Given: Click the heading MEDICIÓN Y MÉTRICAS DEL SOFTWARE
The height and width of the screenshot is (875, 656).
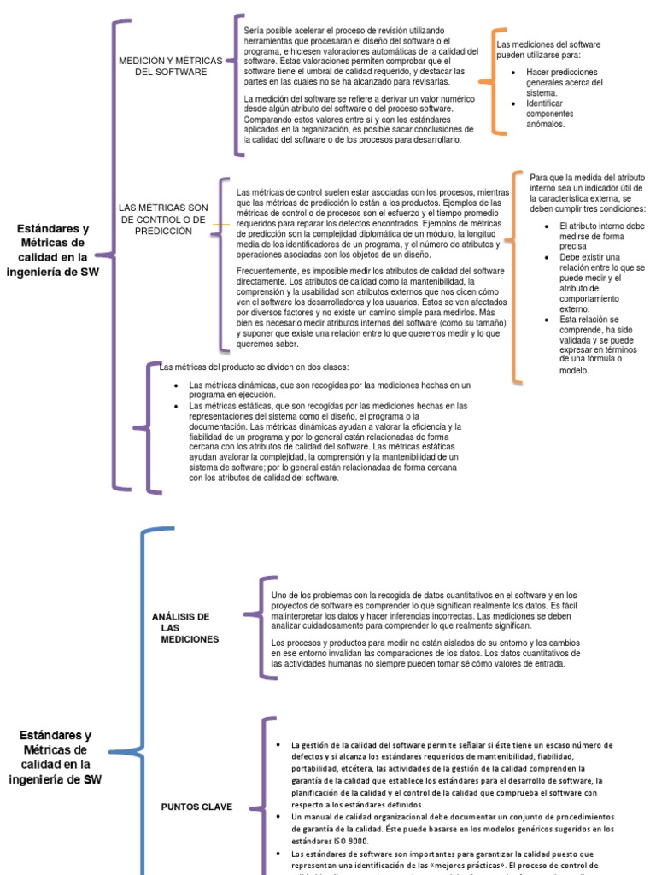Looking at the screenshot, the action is pos(171,67).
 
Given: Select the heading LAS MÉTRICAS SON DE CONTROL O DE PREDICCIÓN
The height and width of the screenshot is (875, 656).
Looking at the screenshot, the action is pos(163,220).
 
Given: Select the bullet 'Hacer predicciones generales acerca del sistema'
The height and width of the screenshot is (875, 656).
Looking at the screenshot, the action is pos(564,83).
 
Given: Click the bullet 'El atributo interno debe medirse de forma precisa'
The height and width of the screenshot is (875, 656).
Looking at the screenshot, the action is pos(601,236).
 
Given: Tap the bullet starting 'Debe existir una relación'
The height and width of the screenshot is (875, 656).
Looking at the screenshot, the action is pos(601,282).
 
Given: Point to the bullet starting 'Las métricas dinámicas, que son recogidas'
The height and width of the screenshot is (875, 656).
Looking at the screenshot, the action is pos(329,391).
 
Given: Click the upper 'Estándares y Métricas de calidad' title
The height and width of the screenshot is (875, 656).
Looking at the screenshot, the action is pos(53,250).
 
